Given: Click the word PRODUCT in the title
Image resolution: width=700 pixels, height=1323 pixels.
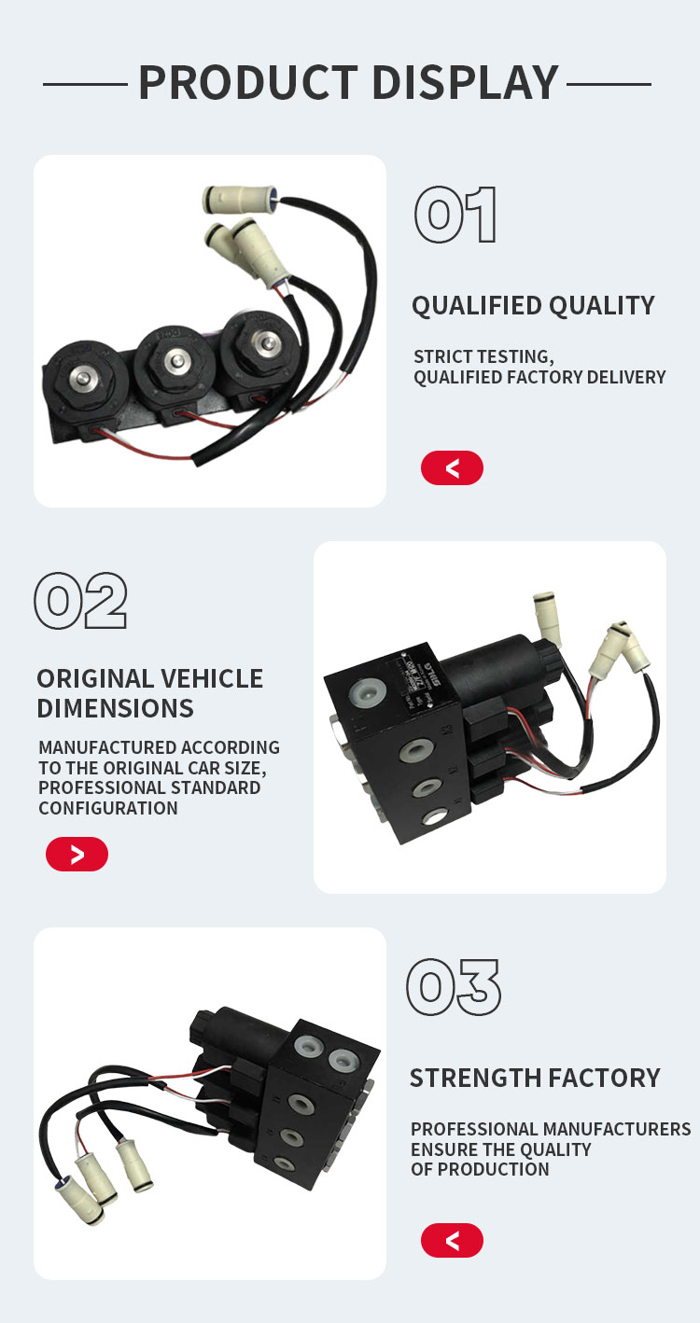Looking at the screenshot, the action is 248,82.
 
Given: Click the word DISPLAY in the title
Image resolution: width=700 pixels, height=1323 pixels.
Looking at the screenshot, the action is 466,82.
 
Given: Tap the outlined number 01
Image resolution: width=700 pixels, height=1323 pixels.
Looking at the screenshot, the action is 455,215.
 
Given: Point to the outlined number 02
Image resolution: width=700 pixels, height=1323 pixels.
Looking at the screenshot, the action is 80,600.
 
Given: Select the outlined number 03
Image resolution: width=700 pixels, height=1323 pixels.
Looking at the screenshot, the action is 453,987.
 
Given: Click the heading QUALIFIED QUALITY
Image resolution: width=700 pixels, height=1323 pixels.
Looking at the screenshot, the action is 533,305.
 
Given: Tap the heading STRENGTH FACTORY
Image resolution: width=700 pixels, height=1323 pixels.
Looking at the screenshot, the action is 535,1078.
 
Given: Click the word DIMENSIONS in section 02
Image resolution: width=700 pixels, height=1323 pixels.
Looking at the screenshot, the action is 115,708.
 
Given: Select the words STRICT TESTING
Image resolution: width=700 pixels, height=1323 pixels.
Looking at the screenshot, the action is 483,356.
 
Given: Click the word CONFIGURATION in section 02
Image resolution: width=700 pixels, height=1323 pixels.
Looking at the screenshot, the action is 108,808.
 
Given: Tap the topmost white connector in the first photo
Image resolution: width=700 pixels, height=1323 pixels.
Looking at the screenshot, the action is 240,196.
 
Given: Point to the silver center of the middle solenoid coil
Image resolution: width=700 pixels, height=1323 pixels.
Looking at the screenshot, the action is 175,360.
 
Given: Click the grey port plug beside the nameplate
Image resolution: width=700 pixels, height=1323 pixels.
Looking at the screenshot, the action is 367,689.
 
